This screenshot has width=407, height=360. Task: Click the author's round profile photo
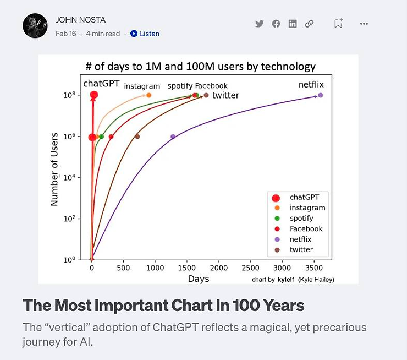click(x=35, y=26)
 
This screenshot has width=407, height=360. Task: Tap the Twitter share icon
click(x=259, y=24)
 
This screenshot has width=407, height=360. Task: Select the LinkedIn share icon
click(x=293, y=24)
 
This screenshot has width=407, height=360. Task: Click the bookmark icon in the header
click(x=338, y=23)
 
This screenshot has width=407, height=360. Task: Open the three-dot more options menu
click(x=364, y=24)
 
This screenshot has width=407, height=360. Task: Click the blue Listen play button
click(x=134, y=34)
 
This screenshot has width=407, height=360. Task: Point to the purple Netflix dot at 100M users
click(x=321, y=95)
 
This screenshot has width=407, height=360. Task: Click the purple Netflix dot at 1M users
click(x=173, y=137)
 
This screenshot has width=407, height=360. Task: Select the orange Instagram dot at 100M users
click(x=148, y=95)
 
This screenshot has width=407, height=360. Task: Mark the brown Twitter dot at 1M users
click(x=137, y=137)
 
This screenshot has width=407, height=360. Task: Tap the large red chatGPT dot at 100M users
click(x=94, y=95)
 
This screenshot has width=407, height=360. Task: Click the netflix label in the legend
click(x=300, y=239)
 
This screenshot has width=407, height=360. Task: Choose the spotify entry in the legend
click(x=301, y=219)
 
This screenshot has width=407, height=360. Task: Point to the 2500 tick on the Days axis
click(x=250, y=268)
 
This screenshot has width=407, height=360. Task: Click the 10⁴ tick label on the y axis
click(x=69, y=178)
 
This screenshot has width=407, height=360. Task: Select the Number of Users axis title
click(x=54, y=170)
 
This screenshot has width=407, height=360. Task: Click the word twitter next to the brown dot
click(x=226, y=95)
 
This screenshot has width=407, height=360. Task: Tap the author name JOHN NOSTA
click(x=81, y=20)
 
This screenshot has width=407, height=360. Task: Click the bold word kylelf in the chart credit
click(x=286, y=280)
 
